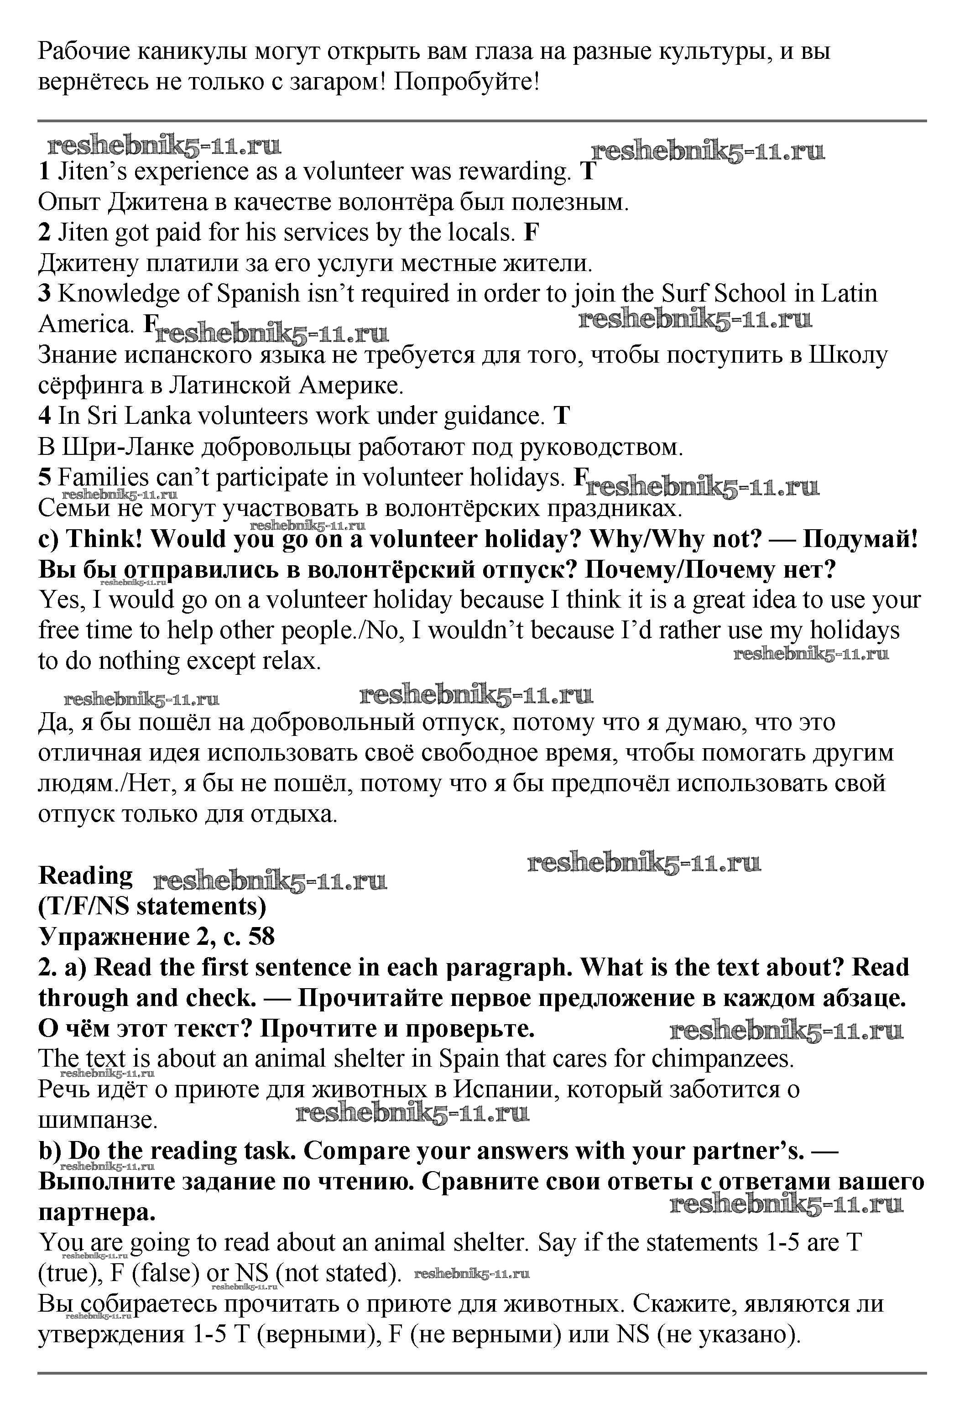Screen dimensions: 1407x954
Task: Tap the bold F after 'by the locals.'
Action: coord(531,233)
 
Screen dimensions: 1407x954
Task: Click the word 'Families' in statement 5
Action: coord(103,478)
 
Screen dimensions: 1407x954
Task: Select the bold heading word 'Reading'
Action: coord(85,876)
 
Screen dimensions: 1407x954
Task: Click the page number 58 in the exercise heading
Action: coord(261,937)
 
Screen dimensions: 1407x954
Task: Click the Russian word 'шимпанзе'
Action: coord(98,1120)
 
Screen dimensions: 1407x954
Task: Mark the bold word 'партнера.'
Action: coord(97,1212)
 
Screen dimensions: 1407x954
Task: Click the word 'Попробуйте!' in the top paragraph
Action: coord(466,82)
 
